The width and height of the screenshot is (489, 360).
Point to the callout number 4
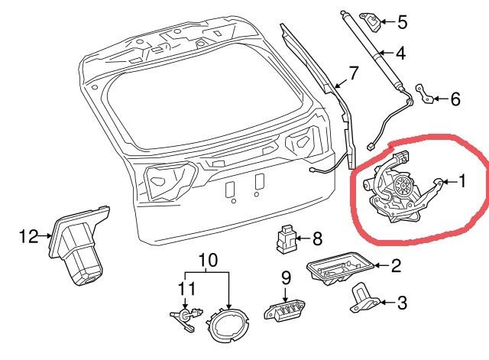[401, 54]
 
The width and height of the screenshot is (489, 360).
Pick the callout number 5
[402, 23]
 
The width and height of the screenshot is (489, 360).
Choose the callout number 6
[455, 99]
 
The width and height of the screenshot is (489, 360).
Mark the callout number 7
[353, 74]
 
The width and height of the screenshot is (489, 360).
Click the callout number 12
[28, 238]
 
